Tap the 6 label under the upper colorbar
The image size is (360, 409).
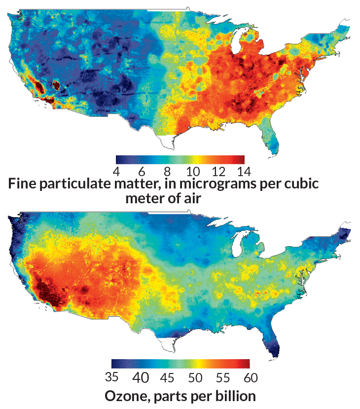142,172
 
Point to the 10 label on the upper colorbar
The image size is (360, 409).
192,172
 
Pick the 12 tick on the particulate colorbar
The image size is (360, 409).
218,172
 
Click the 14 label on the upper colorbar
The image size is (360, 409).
244,172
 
